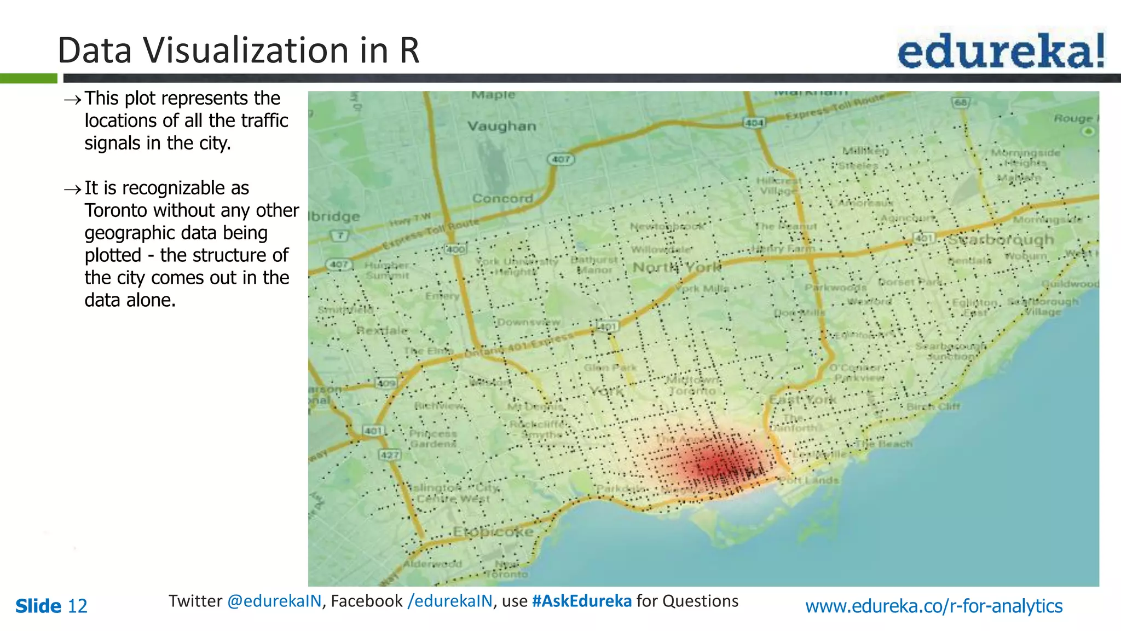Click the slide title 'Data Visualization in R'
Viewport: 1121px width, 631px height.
(238, 50)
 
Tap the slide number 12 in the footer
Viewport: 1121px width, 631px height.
(77, 606)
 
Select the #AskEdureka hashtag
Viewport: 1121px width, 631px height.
(581, 601)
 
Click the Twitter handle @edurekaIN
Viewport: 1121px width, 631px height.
(274, 601)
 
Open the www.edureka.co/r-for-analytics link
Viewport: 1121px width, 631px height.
(933, 606)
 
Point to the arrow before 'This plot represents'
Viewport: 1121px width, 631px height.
(73, 100)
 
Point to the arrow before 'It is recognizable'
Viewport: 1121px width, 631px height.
(73, 190)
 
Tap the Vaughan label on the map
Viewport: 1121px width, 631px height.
(501, 127)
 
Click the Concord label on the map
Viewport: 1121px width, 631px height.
(502, 198)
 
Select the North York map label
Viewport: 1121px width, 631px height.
(677, 267)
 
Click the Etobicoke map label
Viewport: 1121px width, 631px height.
(493, 532)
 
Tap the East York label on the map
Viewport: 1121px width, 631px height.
(802, 399)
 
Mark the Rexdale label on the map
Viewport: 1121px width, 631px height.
(382, 331)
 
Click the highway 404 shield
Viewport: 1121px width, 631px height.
(754, 123)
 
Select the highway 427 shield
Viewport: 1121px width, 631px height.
(390, 455)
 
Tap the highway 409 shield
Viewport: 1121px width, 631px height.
(386, 383)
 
